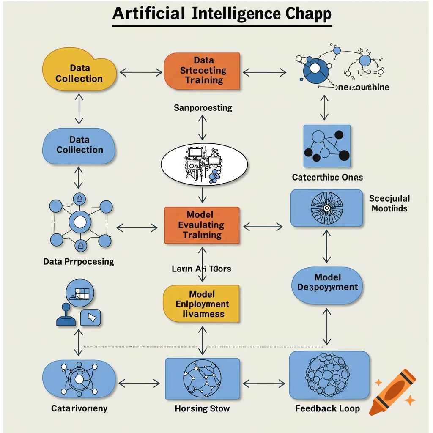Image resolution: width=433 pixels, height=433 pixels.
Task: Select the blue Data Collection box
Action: [x=79, y=145]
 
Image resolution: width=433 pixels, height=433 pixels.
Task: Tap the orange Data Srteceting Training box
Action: [x=202, y=71]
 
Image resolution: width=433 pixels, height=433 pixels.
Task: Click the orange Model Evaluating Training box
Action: [x=202, y=225]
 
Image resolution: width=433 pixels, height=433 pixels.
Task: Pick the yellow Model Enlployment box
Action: [x=201, y=304]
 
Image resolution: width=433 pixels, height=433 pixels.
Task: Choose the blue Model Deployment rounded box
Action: [x=327, y=282]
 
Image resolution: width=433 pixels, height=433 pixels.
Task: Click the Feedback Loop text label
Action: [x=327, y=408]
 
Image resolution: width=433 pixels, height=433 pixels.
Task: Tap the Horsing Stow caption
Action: [x=202, y=409]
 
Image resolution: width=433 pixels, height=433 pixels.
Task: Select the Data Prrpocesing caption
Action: [x=79, y=262]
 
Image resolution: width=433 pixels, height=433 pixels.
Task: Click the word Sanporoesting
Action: [x=203, y=108]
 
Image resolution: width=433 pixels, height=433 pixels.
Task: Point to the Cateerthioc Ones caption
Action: [x=327, y=178]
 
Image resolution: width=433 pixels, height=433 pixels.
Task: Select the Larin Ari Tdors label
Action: [x=201, y=269]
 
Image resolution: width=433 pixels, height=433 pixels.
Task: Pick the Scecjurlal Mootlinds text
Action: [x=389, y=203]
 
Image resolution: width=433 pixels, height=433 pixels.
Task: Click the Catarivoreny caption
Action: [x=79, y=409]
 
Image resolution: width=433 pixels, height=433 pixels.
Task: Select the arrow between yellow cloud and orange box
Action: [x=141, y=73]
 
